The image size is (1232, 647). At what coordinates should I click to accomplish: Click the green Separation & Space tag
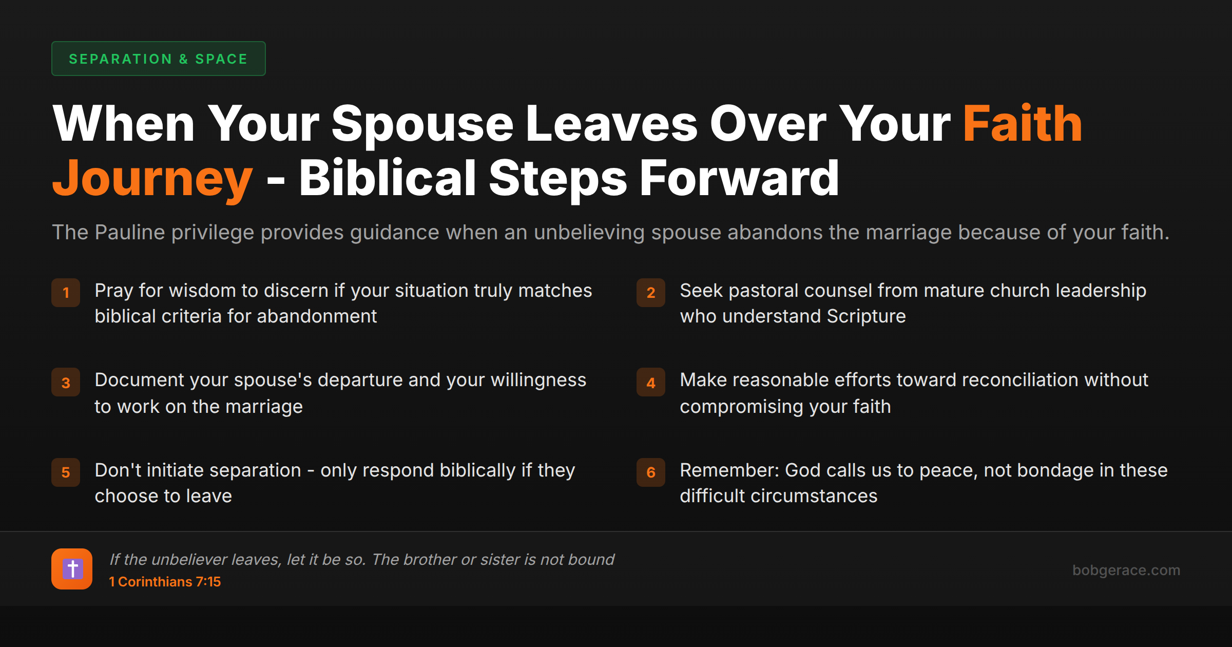tap(158, 59)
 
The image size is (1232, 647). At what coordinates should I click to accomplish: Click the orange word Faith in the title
tap(1022, 124)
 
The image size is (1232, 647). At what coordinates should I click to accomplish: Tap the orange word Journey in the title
tap(152, 179)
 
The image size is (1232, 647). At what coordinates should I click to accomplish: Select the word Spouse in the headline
tap(422, 124)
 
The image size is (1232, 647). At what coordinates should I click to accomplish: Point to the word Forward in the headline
tap(739, 179)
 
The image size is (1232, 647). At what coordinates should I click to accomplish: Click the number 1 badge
tap(66, 293)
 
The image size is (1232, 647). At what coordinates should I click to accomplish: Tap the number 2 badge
tap(651, 293)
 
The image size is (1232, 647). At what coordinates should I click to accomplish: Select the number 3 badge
tap(66, 383)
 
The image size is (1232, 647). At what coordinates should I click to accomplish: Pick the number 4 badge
tap(651, 383)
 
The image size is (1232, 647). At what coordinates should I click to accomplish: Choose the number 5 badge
tap(66, 472)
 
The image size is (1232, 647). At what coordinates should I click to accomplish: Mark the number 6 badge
tap(651, 472)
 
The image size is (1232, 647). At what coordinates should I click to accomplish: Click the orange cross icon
tap(72, 569)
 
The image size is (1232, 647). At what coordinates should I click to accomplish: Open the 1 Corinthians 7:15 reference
tap(165, 582)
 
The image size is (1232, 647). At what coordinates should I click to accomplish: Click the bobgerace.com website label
tap(1126, 570)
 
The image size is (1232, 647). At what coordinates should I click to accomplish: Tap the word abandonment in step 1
tap(317, 316)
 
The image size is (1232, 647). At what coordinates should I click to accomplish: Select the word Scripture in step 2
tap(866, 316)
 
